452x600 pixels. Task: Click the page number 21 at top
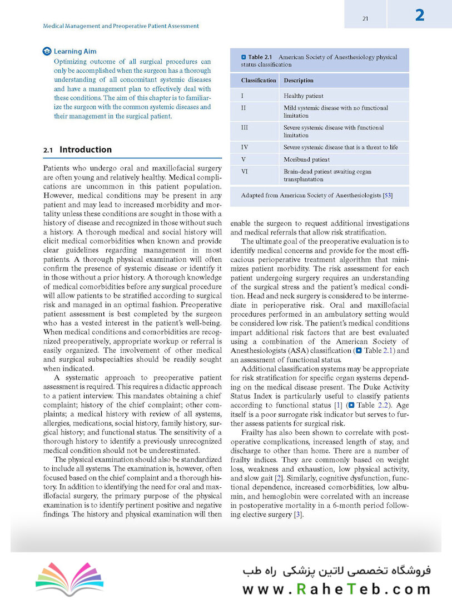[x=365, y=18]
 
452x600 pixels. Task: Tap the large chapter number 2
[x=420, y=15]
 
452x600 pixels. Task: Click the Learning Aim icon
[x=47, y=52]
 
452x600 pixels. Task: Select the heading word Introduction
[x=85, y=149]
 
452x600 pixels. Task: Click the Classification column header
[x=259, y=81]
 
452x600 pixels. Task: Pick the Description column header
[x=299, y=81]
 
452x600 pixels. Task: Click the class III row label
[x=245, y=127]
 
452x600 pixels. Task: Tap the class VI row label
[x=245, y=172]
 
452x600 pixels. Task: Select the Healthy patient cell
[x=304, y=96]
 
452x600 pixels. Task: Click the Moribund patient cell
[x=306, y=159]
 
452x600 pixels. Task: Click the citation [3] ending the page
[x=298, y=514]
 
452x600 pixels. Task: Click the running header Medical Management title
[x=121, y=26]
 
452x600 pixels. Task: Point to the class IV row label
[x=245, y=147]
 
